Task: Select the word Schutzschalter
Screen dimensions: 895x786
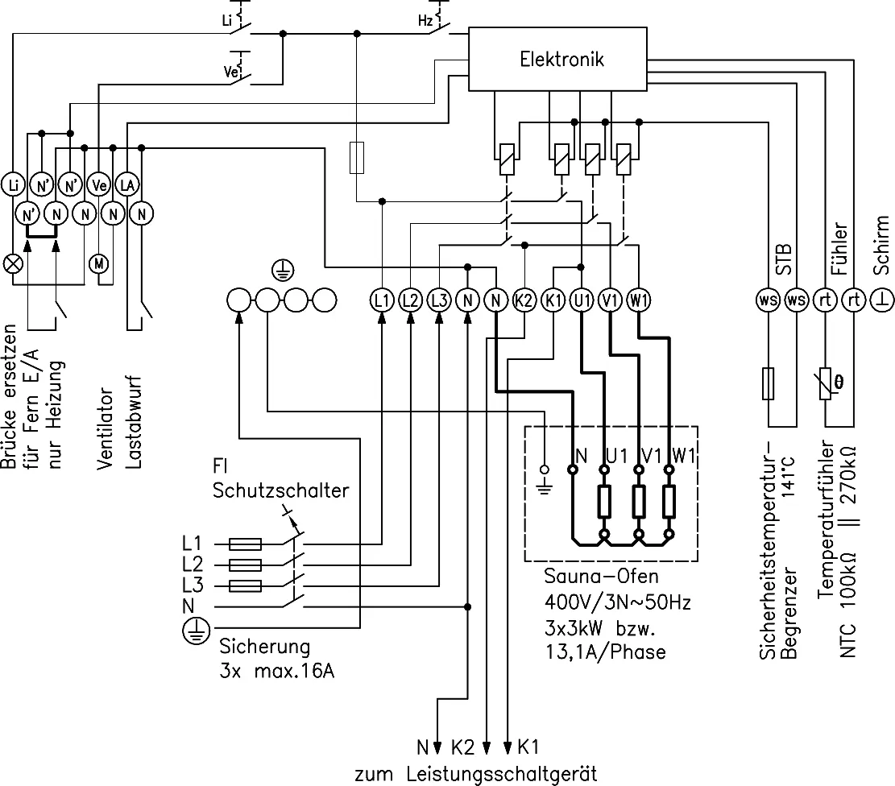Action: (x=280, y=490)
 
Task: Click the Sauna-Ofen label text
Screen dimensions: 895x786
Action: (x=601, y=576)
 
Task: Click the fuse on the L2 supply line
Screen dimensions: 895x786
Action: (x=246, y=565)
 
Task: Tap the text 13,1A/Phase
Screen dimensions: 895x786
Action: (x=606, y=652)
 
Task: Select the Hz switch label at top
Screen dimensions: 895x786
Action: (x=425, y=21)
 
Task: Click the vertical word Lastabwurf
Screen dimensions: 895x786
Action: (x=133, y=423)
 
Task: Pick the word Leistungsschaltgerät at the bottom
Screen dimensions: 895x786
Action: (x=502, y=775)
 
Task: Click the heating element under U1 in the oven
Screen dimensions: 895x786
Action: (x=604, y=502)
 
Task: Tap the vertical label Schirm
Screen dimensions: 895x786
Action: (x=881, y=245)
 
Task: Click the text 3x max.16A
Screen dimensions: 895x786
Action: (x=277, y=671)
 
